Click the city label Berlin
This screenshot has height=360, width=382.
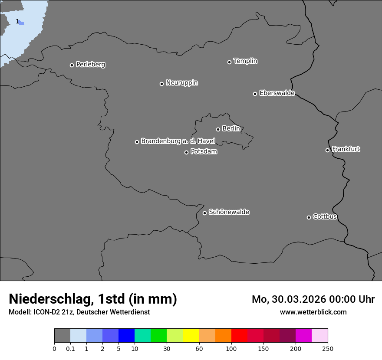click(x=231, y=128)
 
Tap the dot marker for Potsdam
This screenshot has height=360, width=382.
click(x=186, y=152)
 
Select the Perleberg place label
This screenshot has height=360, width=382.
click(x=90, y=65)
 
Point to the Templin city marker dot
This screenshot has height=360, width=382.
click(x=229, y=62)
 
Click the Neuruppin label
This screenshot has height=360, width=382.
click(x=181, y=83)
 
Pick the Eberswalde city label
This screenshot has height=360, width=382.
click(x=277, y=93)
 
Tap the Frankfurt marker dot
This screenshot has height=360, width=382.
click(x=327, y=150)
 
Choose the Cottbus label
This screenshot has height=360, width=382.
click(x=325, y=216)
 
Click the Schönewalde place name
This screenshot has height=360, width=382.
click(x=229, y=212)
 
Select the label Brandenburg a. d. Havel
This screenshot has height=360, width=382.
click(x=178, y=141)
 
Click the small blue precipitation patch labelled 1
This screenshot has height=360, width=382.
click(x=21, y=23)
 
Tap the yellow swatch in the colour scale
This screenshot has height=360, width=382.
click(x=191, y=336)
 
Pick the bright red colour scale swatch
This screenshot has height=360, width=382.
click(x=239, y=336)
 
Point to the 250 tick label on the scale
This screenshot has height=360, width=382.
click(x=328, y=349)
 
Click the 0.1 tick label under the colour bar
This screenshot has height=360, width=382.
click(x=70, y=349)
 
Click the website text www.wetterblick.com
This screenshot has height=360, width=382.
click(x=313, y=312)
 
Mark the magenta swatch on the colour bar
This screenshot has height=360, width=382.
click(x=303, y=336)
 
